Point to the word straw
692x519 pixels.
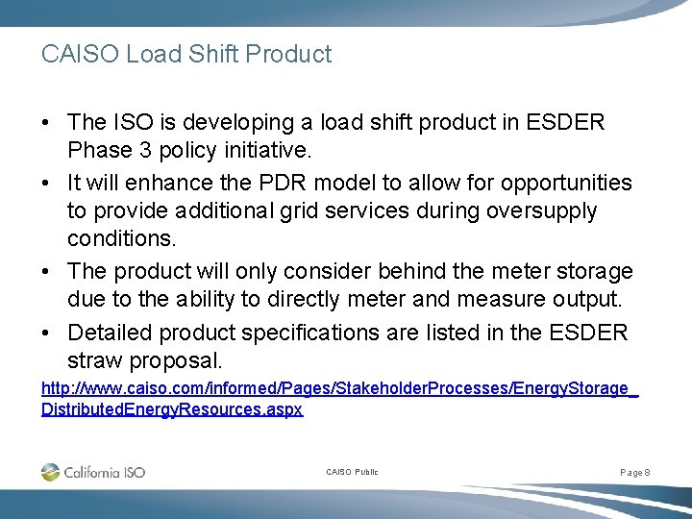94,360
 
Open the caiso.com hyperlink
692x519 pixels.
339,390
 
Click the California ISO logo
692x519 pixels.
93,472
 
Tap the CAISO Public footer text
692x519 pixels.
352,472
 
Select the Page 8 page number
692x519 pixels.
635,472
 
